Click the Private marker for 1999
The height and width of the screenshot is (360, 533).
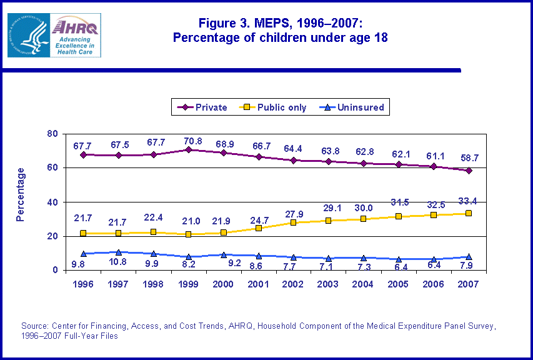pyautogui.click(x=189, y=149)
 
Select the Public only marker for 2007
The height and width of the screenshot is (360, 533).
pyautogui.click(x=469, y=213)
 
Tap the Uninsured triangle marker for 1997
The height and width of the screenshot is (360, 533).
pyautogui.click(x=118, y=252)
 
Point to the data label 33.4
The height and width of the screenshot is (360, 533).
pyautogui.click(x=469, y=200)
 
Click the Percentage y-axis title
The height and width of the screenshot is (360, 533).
pyautogui.click(x=21, y=194)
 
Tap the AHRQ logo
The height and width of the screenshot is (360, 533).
pyautogui.click(x=54, y=36)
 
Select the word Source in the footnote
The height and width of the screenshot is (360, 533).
pyautogui.click(x=36, y=326)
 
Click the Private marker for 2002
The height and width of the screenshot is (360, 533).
pyautogui.click(x=294, y=160)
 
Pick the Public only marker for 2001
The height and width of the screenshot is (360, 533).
pyautogui.click(x=259, y=228)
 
